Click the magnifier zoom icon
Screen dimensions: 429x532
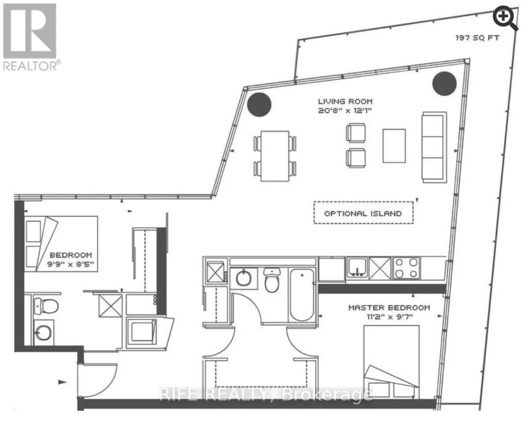click(x=506, y=19)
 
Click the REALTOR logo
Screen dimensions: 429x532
click(x=30, y=38)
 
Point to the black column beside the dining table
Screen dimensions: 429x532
click(x=259, y=104)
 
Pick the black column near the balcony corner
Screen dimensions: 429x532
click(x=444, y=83)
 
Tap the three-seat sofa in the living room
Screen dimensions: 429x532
click(x=433, y=147)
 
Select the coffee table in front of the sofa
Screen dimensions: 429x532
click(x=394, y=145)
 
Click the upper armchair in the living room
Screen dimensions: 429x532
click(x=355, y=133)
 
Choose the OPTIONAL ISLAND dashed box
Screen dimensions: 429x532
click(x=363, y=213)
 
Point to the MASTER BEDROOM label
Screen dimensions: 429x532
click(x=389, y=307)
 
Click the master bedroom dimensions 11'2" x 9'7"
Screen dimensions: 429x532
click(x=389, y=317)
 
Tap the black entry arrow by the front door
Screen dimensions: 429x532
click(x=63, y=382)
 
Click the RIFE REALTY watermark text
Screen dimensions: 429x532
click(x=266, y=394)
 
